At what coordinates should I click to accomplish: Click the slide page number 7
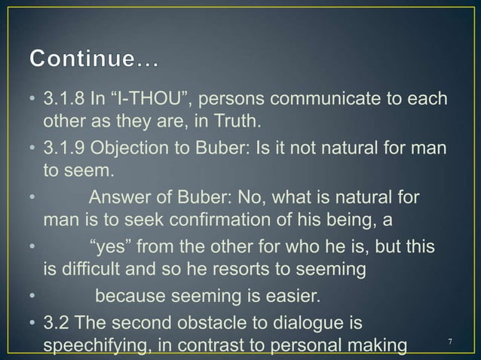tap(450, 343)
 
